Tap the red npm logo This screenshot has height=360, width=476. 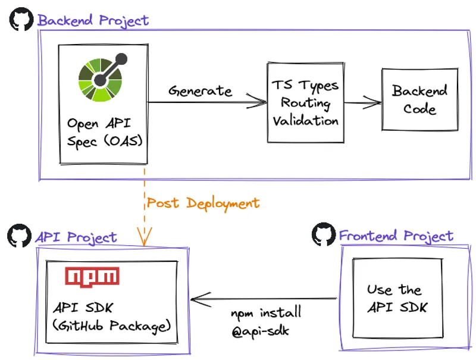(92, 277)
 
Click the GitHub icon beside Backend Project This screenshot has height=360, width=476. (21, 20)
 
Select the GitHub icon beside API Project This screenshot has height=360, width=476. (19, 236)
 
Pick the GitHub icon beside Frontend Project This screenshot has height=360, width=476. (324, 234)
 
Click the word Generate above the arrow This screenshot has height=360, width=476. (199, 91)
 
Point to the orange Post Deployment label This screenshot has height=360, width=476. (203, 203)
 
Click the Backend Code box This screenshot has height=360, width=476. (419, 100)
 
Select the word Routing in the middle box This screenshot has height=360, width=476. (306, 102)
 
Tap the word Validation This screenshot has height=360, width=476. (306, 120)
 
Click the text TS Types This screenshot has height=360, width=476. (305, 85)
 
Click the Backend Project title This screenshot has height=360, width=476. (93, 20)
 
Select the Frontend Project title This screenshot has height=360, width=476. (396, 236)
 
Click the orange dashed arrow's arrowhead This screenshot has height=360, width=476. (143, 240)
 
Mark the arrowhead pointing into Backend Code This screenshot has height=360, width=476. (375, 103)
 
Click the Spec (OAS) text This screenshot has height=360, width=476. (101, 143)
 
